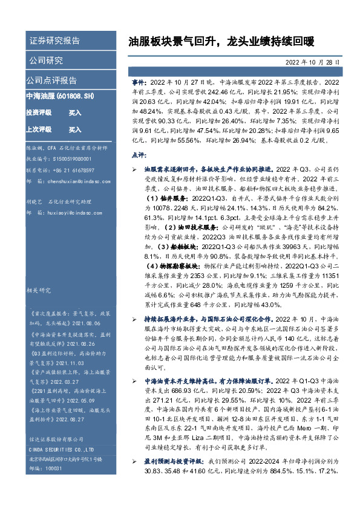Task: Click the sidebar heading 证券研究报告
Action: pyautogui.click(x=54, y=41)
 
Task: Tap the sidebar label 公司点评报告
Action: pyautogui.click(x=51, y=80)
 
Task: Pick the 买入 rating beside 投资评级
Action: pyautogui.click(x=75, y=113)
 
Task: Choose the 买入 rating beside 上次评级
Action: pyautogui.click(x=75, y=129)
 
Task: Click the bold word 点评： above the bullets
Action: pyautogui.click(x=140, y=155)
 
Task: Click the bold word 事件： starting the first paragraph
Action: pyautogui.click(x=140, y=81)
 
